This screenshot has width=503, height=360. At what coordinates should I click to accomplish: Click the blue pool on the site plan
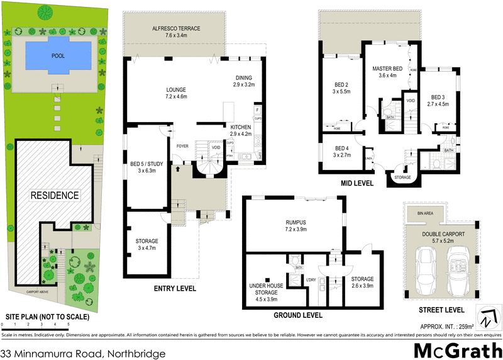pos(58,55)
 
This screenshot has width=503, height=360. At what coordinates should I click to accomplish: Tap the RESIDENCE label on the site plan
pos(55,195)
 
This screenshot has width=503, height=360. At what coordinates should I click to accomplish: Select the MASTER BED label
pos(387,68)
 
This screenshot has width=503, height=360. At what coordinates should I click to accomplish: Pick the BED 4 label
pos(341,147)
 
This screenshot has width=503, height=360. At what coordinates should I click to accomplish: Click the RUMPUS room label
pos(294,222)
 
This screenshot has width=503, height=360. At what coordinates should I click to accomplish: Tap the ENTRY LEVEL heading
pos(175,289)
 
